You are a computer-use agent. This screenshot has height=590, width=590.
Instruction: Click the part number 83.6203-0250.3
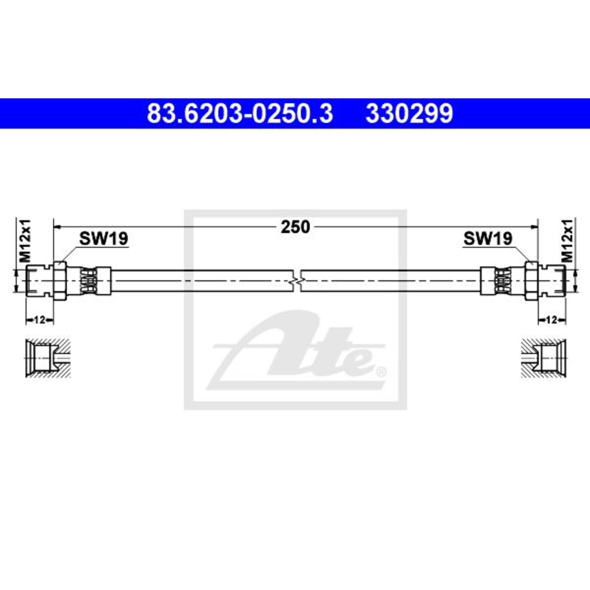tap(239, 113)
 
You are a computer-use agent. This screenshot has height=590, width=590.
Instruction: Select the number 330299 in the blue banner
tap(409, 113)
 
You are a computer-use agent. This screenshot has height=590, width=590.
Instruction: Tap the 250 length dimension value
tap(295, 227)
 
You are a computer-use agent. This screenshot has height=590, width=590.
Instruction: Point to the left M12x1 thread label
tap(25, 240)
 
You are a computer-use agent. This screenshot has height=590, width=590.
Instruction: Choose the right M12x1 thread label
tap(567, 240)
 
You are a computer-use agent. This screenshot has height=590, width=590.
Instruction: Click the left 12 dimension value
tap(39, 320)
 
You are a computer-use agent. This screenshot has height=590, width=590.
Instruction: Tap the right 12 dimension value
tap(551, 320)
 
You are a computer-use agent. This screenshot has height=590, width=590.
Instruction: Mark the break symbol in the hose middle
tap(296, 280)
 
